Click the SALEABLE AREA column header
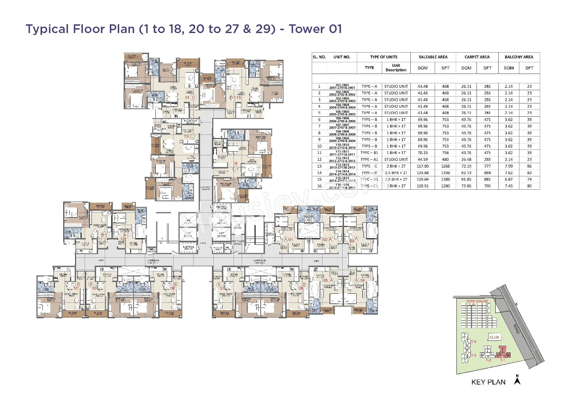(433, 57)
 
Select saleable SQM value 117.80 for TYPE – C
(422, 166)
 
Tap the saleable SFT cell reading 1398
(445, 173)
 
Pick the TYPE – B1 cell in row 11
(369, 153)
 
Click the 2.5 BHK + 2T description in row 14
(396, 173)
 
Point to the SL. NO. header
(319, 57)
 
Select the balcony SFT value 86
(529, 166)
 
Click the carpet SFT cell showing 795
(487, 186)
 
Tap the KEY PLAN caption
(488, 382)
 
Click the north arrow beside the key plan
(517, 380)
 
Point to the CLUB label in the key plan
(494, 337)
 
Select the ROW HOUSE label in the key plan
(477, 301)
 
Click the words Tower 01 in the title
(315, 29)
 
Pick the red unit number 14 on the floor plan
(187, 97)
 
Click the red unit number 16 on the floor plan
(236, 163)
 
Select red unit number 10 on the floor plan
(76, 288)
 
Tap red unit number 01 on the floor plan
(291, 240)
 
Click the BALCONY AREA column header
(519, 57)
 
